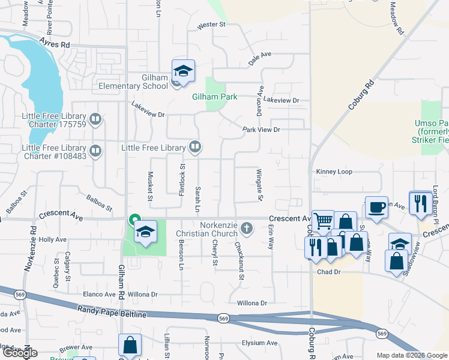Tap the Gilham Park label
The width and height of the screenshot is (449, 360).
[214, 97]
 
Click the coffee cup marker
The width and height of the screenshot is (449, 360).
[376, 208]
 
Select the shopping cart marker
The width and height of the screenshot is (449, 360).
[323, 221]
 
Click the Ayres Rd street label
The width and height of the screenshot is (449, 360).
[55, 43]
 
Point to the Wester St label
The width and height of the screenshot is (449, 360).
[211, 25]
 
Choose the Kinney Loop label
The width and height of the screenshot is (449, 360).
[334, 172]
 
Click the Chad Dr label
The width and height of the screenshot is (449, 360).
[328, 272]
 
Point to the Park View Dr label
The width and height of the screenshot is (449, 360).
[261, 130]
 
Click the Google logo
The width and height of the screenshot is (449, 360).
[20, 353]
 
